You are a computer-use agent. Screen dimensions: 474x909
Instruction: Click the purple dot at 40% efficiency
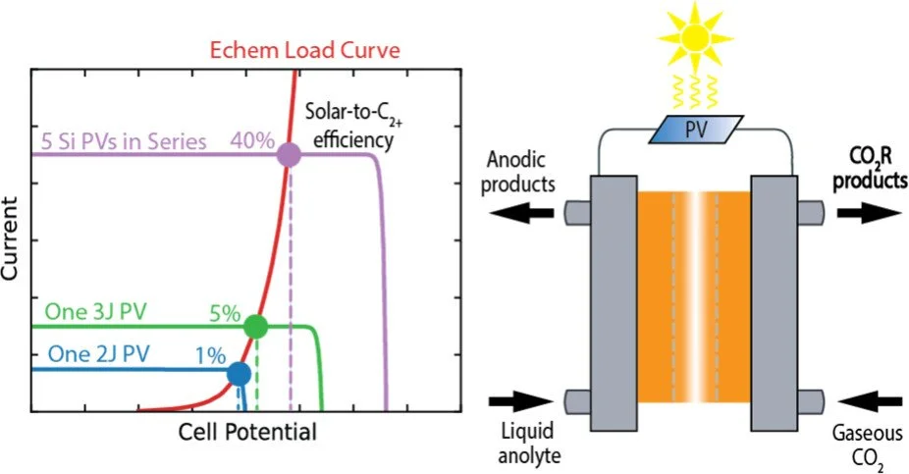pyautogui.click(x=288, y=155)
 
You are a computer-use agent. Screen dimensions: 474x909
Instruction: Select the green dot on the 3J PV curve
pyautogui.click(x=255, y=327)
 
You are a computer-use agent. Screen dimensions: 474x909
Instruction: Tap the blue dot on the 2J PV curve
pyautogui.click(x=238, y=374)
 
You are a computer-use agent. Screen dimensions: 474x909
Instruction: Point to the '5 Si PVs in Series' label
pyautogui.click(x=123, y=141)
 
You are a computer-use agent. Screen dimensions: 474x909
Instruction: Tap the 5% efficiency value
pyautogui.click(x=223, y=314)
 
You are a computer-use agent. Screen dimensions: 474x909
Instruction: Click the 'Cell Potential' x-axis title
pyautogui.click(x=248, y=433)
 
